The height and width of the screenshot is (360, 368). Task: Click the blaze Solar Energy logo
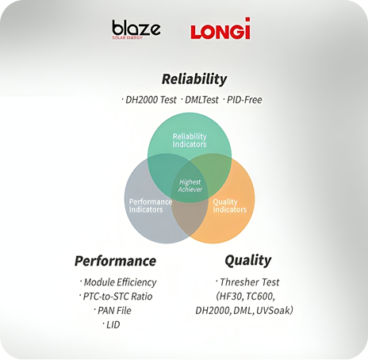136,29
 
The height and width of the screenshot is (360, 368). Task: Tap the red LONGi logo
220,29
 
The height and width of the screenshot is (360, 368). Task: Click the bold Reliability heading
194,79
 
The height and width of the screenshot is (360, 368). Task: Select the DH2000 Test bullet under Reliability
149,100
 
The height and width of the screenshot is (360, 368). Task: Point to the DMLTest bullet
200,100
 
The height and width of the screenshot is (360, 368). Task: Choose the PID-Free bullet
243,100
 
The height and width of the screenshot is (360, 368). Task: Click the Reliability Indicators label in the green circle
190,140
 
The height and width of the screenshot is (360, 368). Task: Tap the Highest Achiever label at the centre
190,186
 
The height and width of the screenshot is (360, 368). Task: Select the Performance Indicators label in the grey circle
151,205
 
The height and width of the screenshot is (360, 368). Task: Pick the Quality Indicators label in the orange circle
229,205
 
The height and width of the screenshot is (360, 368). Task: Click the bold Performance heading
115,261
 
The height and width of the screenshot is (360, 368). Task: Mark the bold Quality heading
248,261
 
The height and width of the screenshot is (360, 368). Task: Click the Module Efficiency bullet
118,282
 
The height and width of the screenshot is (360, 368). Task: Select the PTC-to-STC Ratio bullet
116,297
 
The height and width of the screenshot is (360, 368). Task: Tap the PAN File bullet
113,310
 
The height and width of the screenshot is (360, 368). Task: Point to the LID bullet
111,324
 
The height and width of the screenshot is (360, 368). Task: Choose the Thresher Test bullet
247,282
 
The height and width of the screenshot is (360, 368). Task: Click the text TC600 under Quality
260,297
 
